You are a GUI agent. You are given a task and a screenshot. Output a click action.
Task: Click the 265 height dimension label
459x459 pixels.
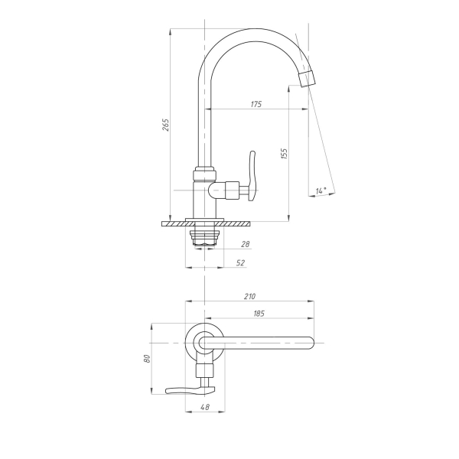(166, 125)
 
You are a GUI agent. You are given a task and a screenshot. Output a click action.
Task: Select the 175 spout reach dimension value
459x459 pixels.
(256, 104)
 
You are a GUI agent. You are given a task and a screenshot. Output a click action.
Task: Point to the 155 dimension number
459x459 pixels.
(285, 154)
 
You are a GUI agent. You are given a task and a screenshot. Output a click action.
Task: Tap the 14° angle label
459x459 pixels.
(321, 190)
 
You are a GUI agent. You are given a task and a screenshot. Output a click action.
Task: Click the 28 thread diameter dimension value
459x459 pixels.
(246, 244)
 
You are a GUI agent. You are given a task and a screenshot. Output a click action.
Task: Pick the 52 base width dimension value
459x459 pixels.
(240, 263)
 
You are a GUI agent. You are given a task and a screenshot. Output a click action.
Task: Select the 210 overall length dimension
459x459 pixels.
(249, 297)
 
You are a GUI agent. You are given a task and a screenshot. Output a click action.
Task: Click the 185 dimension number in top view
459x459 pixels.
(259, 314)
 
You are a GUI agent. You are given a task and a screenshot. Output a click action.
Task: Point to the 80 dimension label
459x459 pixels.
(147, 359)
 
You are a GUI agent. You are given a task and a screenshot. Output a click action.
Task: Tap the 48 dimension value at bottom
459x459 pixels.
(205, 407)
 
